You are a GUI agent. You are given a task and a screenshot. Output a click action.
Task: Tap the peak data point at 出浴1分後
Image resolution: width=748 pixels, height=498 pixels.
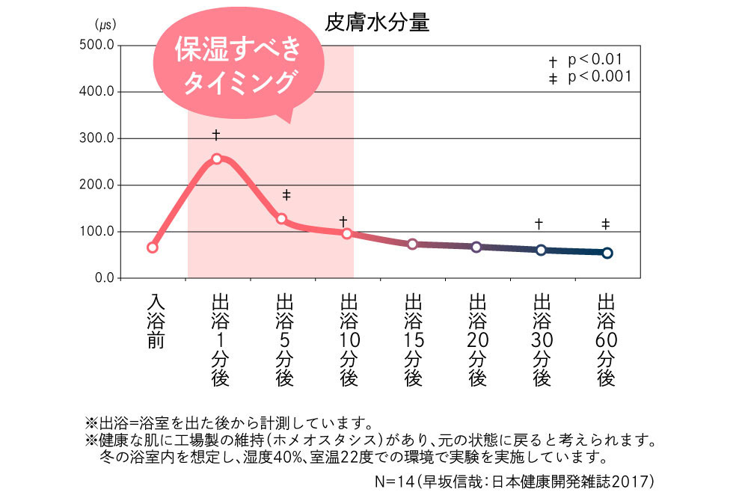pyautogui.click(x=217, y=159)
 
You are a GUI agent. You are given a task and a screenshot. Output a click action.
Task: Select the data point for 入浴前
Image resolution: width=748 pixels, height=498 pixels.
pyautogui.click(x=153, y=248)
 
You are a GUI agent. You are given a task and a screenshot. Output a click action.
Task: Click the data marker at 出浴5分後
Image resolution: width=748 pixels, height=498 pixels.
pyautogui.click(x=282, y=218)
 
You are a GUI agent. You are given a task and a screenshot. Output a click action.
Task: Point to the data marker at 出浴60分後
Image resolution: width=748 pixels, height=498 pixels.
pyautogui.click(x=607, y=253)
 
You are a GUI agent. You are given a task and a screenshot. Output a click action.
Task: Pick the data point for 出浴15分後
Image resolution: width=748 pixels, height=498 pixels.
pyautogui.click(x=412, y=244)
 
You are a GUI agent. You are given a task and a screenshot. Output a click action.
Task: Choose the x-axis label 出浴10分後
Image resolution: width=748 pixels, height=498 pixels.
pyautogui.click(x=348, y=340)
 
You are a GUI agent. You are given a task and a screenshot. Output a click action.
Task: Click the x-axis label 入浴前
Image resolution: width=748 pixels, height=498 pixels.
pyautogui.click(x=155, y=322)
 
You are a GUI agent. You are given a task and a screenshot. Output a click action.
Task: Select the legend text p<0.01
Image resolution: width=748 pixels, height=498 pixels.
pyautogui.click(x=595, y=59)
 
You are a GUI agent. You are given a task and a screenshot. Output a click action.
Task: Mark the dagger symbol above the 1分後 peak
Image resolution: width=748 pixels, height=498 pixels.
pyautogui.click(x=216, y=135)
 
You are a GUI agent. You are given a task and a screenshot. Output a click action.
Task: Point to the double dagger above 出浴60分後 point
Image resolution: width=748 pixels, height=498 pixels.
pyautogui.click(x=606, y=224)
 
